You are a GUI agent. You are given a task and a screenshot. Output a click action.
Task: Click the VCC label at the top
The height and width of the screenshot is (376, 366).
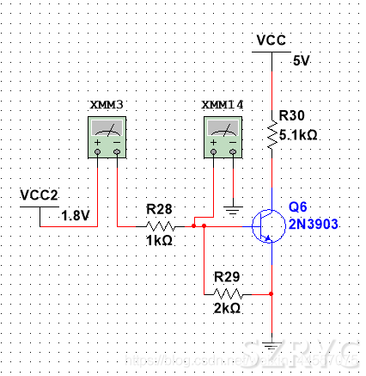[x=271, y=40]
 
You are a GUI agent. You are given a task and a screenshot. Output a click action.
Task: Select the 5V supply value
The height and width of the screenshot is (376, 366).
[x=302, y=61]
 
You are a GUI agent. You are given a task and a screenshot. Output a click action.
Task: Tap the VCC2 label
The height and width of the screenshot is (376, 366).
[x=39, y=195]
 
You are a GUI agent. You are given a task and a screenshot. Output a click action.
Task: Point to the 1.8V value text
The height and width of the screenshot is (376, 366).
[x=76, y=215]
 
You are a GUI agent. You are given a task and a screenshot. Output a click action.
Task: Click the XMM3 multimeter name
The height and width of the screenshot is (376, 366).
[x=107, y=105]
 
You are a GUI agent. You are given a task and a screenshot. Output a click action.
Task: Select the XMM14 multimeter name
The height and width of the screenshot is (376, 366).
[x=223, y=105]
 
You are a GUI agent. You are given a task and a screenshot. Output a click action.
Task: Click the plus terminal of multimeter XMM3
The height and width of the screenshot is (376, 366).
[x=98, y=151]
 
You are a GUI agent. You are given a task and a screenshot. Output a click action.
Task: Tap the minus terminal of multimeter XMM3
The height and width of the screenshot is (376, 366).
[x=117, y=151]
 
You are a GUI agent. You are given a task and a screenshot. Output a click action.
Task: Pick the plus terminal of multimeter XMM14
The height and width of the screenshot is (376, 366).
[x=214, y=151]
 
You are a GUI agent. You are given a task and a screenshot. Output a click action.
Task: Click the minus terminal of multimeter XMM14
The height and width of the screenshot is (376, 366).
[x=233, y=151]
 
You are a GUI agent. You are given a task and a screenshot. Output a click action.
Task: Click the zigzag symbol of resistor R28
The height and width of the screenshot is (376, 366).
[x=160, y=226]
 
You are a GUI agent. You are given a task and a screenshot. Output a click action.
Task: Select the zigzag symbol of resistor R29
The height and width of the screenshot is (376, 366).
[x=228, y=294]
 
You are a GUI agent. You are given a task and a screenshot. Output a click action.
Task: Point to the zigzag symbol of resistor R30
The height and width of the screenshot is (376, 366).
[x=272, y=134]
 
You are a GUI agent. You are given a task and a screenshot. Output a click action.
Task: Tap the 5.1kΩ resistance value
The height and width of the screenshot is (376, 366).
[x=298, y=135]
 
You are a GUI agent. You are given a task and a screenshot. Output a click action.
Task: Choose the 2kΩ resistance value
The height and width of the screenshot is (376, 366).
[x=227, y=308]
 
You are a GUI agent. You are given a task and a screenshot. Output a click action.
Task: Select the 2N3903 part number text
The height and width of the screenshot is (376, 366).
[x=314, y=224]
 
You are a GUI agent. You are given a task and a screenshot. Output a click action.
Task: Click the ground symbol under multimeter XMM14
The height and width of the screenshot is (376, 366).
[x=233, y=210]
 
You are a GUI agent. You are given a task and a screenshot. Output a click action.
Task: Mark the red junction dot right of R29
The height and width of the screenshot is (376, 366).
[x=271, y=293]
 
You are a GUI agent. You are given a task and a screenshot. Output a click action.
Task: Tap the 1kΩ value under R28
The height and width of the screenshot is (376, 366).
[x=159, y=240]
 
